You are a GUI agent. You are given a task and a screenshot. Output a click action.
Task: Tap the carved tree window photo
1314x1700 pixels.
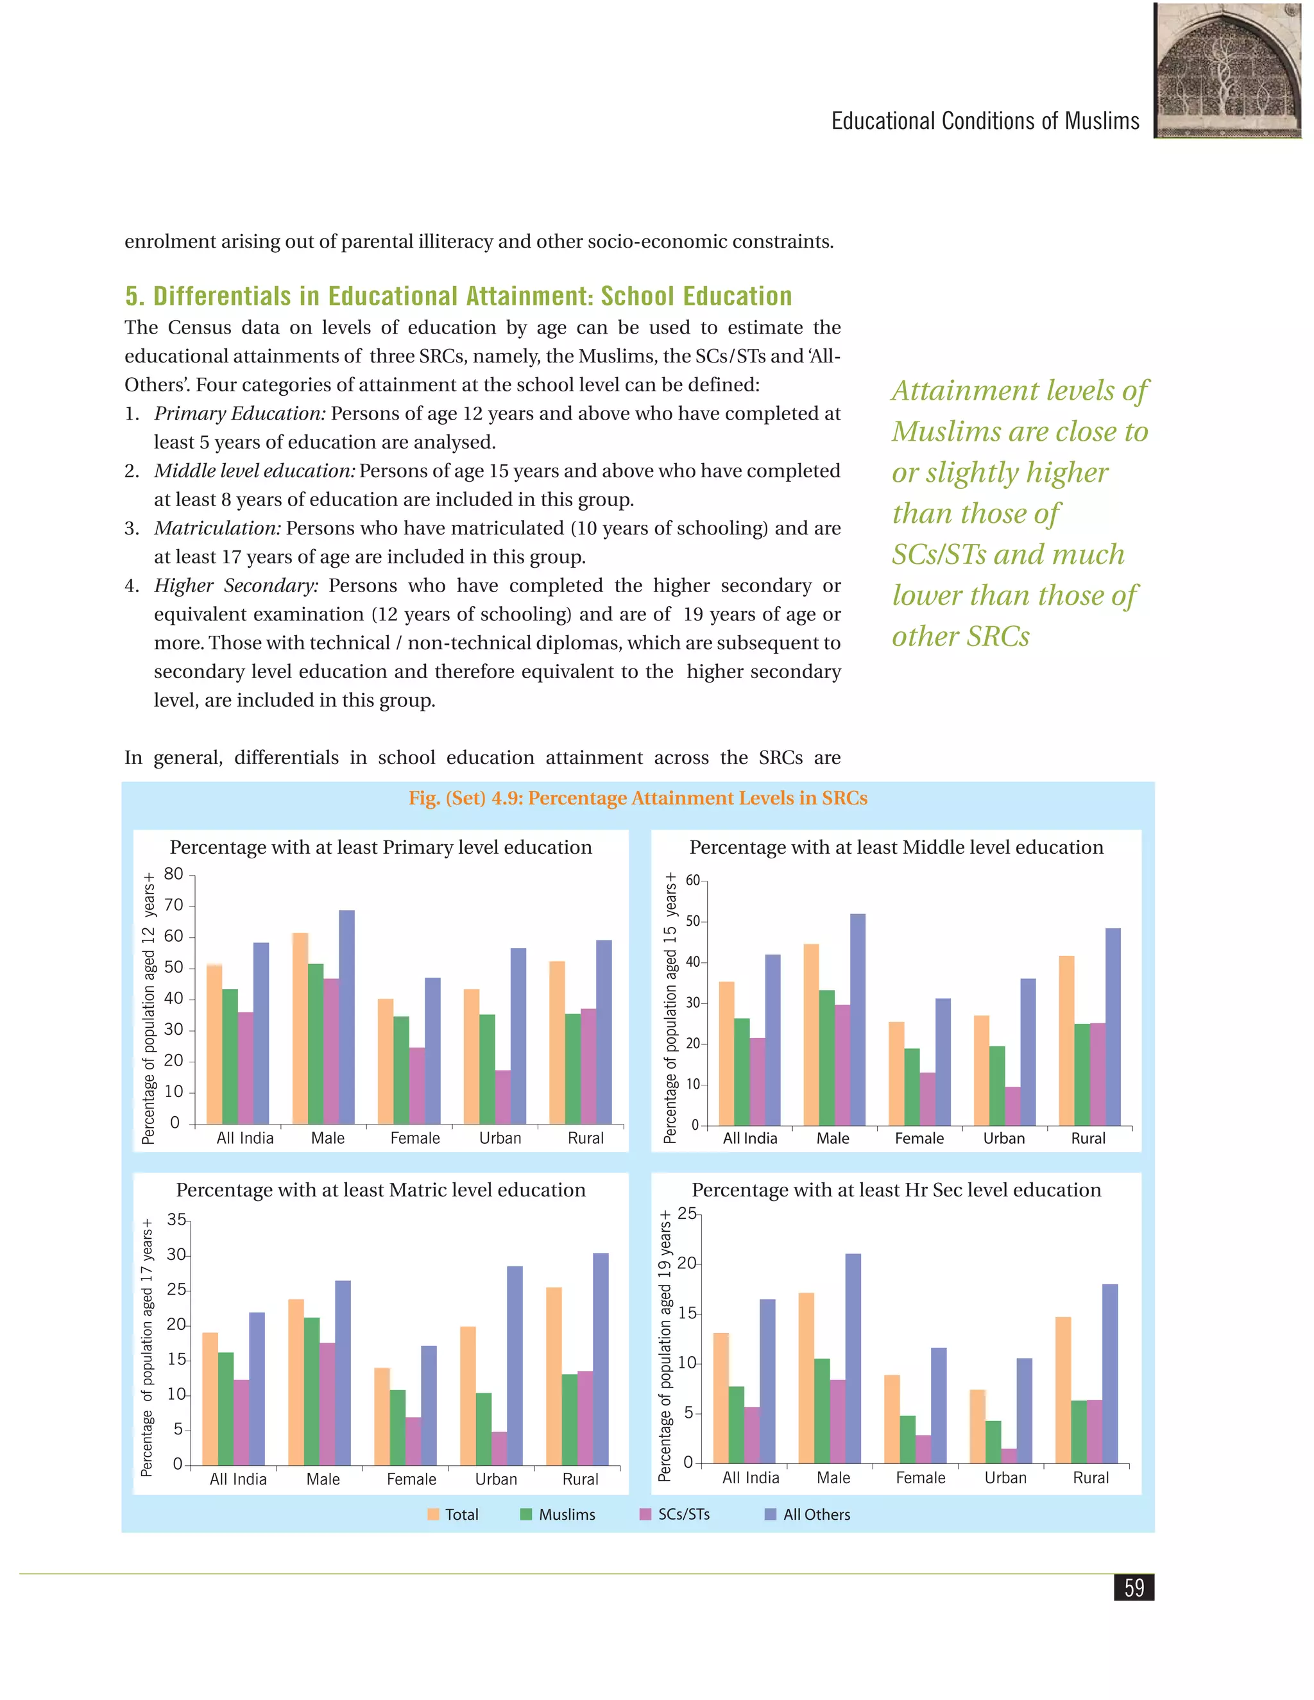pyautogui.click(x=1227, y=71)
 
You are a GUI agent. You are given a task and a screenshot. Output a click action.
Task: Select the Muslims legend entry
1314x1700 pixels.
pyautogui.click(x=558, y=1514)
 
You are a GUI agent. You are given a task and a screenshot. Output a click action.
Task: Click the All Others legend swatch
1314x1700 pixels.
pyautogui.click(x=771, y=1514)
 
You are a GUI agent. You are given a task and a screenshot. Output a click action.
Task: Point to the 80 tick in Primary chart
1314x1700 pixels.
pyautogui.click(x=174, y=874)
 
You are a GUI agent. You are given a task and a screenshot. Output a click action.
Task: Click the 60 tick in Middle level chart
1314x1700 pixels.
pyautogui.click(x=693, y=880)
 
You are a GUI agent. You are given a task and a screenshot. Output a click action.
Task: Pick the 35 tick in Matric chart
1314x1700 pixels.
pyautogui.click(x=176, y=1220)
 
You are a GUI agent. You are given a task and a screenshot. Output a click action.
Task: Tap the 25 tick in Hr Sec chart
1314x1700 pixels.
pyautogui.click(x=687, y=1214)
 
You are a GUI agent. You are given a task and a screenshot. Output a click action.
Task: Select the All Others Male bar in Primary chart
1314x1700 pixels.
pyautogui.click(x=346, y=1017)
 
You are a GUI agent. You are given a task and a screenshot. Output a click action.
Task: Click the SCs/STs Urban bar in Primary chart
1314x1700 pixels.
pyautogui.click(x=503, y=1097)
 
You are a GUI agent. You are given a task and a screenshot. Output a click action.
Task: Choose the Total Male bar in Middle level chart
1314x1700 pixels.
pyautogui.click(x=811, y=1035)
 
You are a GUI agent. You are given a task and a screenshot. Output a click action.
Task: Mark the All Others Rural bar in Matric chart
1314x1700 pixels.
pyautogui.click(x=601, y=1359)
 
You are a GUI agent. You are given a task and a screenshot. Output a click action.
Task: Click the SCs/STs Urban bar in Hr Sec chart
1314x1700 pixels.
pyautogui.click(x=1009, y=1456)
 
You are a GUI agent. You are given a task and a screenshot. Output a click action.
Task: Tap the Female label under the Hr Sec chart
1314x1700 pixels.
pyautogui.click(x=920, y=1477)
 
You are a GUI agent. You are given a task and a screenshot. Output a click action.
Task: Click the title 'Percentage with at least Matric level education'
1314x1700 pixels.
pyautogui.click(x=380, y=1189)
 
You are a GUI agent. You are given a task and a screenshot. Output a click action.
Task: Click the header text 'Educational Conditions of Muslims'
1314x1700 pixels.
pyautogui.click(x=985, y=121)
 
